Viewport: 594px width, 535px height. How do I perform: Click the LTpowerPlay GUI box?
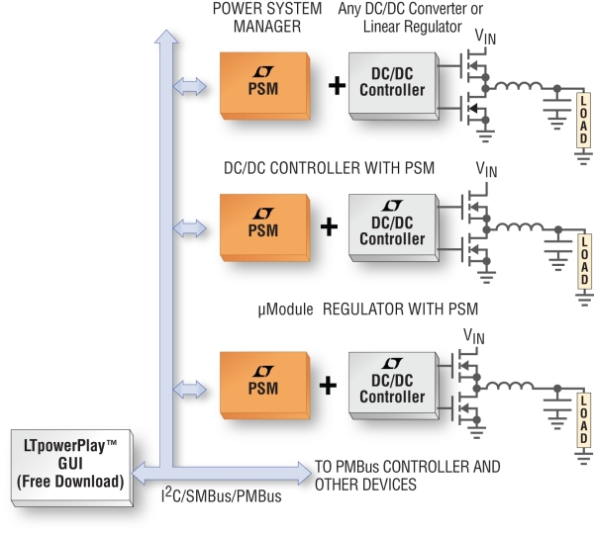click(x=72, y=468)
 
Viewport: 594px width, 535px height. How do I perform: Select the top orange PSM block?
click(x=264, y=86)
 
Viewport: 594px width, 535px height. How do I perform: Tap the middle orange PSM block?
click(x=264, y=227)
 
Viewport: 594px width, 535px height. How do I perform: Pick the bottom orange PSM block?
click(x=264, y=385)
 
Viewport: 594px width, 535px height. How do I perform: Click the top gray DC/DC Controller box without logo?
click(x=394, y=86)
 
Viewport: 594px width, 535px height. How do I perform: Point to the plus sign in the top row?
click(x=337, y=85)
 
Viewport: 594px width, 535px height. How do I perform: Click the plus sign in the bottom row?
click(x=328, y=385)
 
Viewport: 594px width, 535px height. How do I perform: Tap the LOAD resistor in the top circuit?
click(x=584, y=120)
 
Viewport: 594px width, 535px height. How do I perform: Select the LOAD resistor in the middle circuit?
click(x=584, y=261)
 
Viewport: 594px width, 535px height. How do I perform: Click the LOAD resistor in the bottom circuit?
click(x=584, y=420)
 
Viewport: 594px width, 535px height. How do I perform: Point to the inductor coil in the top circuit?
click(x=519, y=86)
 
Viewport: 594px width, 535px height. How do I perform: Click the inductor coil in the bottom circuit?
click(x=510, y=386)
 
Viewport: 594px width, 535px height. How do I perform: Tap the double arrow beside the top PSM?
click(x=189, y=87)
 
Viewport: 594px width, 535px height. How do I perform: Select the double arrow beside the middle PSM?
click(x=189, y=228)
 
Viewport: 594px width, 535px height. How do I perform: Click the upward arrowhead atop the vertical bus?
click(x=166, y=37)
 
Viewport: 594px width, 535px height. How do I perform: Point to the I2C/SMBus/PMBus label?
click(x=221, y=495)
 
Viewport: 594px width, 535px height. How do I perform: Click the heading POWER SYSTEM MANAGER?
click(x=267, y=18)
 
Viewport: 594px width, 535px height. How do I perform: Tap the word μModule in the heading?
click(x=286, y=310)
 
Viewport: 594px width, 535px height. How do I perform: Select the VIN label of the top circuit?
click(x=485, y=37)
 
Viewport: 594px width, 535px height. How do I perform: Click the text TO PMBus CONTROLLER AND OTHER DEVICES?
click(x=407, y=476)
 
